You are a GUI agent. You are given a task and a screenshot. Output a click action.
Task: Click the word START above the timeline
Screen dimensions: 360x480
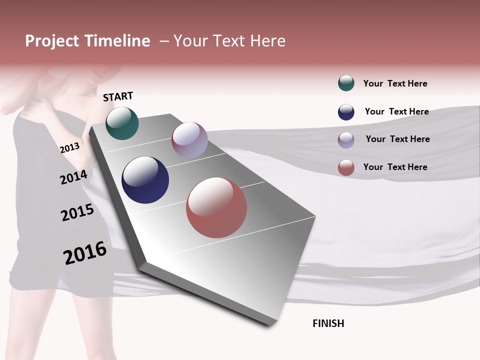tap(118, 96)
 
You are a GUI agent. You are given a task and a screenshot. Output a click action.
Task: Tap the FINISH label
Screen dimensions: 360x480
tap(328, 323)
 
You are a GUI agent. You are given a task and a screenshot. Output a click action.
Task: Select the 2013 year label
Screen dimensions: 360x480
tap(69, 147)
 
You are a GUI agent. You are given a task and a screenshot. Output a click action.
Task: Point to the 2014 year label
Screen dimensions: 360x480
tap(73, 177)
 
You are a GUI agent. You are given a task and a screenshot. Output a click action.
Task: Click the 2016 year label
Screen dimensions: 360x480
tap(85, 252)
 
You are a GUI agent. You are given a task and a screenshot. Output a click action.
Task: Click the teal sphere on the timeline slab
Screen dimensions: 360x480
tap(122, 123)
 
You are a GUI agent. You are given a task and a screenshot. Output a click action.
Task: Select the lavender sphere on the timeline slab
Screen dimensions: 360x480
tap(189, 140)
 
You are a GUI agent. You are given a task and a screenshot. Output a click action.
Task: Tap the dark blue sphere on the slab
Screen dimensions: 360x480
tap(145, 180)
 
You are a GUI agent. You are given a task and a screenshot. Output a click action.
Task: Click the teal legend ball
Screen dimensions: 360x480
tap(346, 83)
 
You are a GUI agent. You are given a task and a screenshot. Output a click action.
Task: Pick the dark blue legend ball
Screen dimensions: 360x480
tap(346, 112)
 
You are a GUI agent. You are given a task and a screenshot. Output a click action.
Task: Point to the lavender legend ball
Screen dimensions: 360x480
tap(346, 139)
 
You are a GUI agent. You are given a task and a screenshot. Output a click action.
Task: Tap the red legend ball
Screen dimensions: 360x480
tap(346, 167)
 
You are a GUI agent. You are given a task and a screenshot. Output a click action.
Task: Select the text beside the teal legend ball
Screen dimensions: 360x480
tap(395, 83)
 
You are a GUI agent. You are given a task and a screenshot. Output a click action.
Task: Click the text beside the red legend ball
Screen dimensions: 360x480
tap(395, 167)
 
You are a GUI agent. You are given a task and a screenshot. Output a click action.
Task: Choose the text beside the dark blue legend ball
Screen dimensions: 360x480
tap(396, 111)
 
